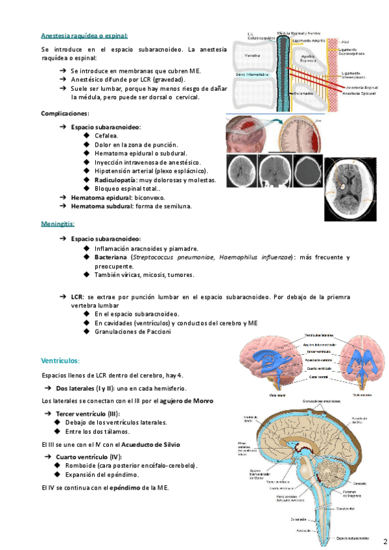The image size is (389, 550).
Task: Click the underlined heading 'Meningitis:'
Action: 60,224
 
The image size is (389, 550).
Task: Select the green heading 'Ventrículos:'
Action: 60,359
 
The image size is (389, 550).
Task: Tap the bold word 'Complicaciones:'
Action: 65,113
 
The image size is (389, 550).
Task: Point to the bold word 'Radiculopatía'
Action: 115,180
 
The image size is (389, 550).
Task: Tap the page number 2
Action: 384,540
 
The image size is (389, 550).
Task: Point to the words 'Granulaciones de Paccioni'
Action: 132,331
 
